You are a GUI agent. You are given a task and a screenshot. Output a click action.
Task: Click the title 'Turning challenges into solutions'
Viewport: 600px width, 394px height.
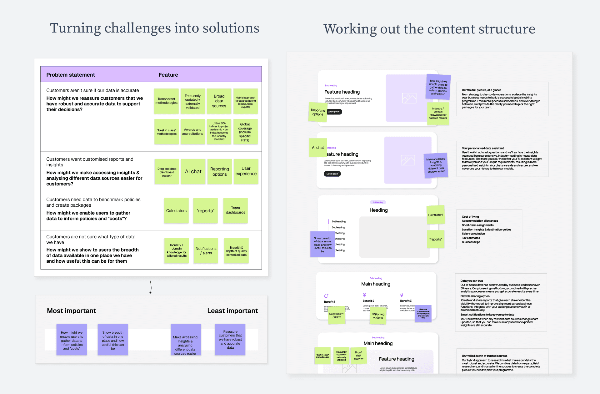coord(154,28)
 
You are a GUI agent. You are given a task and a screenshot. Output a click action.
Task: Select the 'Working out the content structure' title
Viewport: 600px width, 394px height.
coord(429,29)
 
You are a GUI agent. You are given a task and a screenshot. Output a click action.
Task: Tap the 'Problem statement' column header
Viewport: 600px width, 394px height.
coord(71,75)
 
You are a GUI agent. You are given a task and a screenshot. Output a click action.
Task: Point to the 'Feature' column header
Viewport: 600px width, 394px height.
coord(168,75)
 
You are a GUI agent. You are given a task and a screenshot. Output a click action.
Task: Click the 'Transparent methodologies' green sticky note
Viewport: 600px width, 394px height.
coord(166,101)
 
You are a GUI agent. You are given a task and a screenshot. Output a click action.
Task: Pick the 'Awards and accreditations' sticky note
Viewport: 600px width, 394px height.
coord(192,132)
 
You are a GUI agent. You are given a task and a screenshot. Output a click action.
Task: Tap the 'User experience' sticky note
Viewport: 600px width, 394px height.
coord(246,171)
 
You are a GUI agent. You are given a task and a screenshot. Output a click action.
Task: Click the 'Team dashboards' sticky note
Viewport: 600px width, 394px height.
coord(235,210)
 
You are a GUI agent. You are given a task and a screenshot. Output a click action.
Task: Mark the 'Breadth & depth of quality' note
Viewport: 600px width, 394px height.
coord(236,251)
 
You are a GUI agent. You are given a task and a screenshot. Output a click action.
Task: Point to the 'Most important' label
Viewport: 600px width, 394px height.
coord(71,311)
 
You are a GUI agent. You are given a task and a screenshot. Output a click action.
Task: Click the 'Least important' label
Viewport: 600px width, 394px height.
coord(232,311)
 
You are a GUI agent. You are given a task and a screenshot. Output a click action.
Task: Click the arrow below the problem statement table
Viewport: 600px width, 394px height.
coord(151,285)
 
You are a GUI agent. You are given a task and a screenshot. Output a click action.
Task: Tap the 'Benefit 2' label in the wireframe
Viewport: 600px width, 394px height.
coord(368,301)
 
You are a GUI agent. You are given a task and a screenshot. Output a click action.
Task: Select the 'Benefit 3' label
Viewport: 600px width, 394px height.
coord(406,301)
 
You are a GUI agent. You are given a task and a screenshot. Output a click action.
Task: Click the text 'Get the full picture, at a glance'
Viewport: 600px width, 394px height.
coord(481,90)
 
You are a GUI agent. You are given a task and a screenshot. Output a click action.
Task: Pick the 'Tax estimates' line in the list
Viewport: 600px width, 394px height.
coord(471,238)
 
